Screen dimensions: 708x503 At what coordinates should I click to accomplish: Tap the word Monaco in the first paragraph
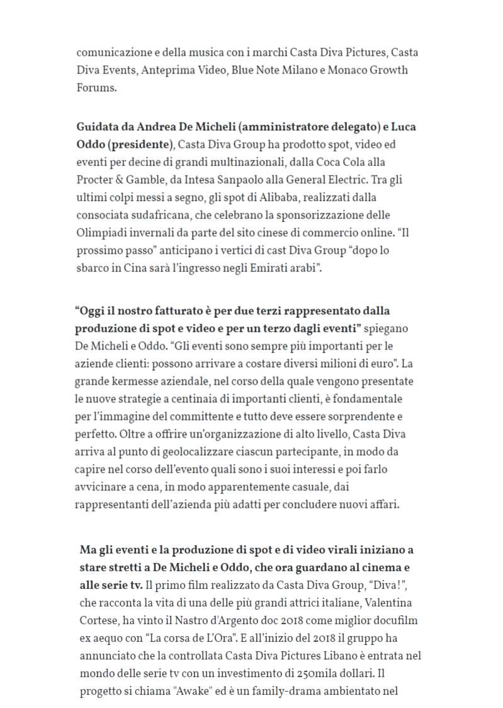(x=349, y=69)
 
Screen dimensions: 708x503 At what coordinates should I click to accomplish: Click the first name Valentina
(x=387, y=603)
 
